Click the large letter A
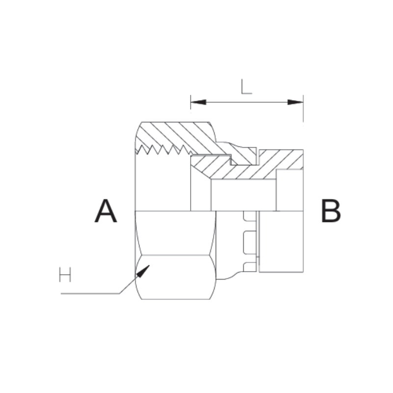coord(106,211)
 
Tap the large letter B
coord(331,211)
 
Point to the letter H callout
coord(65,275)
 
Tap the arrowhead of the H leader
coord(144,270)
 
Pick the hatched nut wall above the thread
coord(177,134)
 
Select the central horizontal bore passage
coord(243,195)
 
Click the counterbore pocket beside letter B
coord(289,190)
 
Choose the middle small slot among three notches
coord(250,240)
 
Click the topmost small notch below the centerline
coord(250,217)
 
